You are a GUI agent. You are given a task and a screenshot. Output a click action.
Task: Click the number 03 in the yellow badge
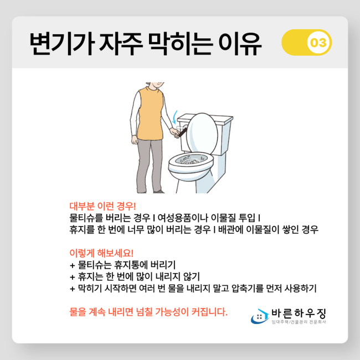click(x=318, y=43)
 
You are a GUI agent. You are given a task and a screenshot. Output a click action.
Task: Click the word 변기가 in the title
click(x=63, y=44)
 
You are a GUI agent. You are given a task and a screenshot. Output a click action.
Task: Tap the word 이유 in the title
click(x=240, y=44)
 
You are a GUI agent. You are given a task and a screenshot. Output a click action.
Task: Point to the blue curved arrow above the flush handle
click(x=175, y=117)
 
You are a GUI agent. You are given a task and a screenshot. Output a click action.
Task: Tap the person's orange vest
click(x=151, y=114)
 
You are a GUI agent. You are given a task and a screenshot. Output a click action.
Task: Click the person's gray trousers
click(x=150, y=165)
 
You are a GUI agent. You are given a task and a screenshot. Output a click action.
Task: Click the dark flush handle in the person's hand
click(x=183, y=132)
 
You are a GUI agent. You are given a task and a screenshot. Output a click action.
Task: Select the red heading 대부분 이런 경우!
click(x=102, y=206)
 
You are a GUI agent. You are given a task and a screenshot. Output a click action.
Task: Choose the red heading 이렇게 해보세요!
click(x=101, y=253)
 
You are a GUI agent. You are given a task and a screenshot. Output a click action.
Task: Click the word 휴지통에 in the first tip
click(x=131, y=265)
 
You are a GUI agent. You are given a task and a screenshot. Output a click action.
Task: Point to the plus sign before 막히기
click(x=73, y=289)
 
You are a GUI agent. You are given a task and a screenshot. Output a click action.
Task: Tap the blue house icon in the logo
click(x=260, y=316)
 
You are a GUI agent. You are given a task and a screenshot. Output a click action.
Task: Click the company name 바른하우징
click(x=299, y=313)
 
